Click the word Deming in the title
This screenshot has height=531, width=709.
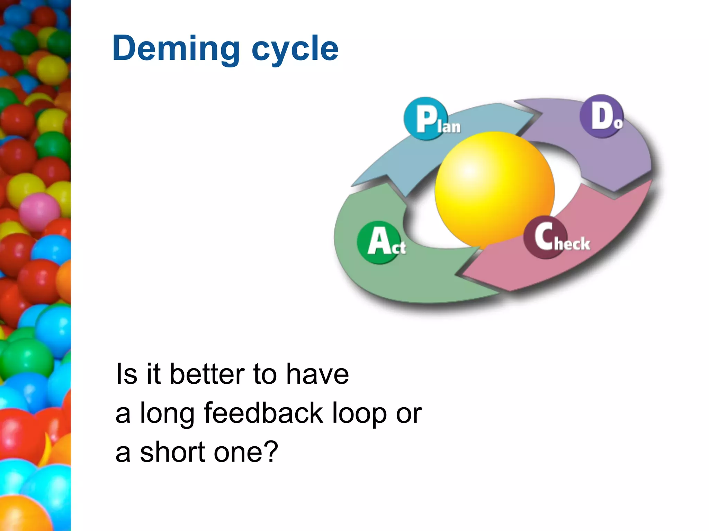click(x=176, y=48)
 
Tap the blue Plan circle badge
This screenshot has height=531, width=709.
click(x=425, y=119)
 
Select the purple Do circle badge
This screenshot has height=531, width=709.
click(x=601, y=116)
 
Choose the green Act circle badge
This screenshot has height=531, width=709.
click(x=379, y=242)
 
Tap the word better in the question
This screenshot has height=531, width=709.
click(x=207, y=374)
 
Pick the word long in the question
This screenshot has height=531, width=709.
click(x=167, y=414)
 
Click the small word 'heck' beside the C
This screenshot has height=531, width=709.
click(x=572, y=244)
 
